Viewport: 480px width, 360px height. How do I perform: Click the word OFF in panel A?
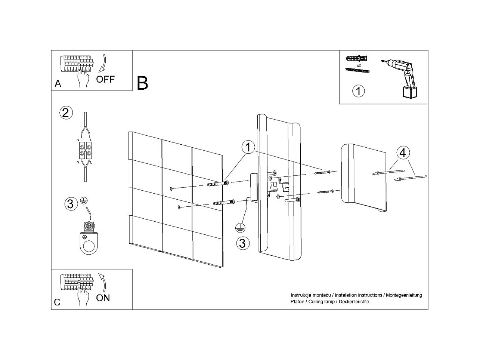(x=105, y=79)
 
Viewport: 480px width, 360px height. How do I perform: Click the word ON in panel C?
(x=103, y=298)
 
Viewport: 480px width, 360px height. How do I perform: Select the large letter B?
(x=142, y=83)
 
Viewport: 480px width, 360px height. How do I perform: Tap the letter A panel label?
(x=58, y=84)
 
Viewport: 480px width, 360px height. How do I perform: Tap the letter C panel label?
(x=57, y=302)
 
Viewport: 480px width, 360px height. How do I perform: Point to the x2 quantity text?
(x=359, y=65)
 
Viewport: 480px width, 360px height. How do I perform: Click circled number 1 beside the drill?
(x=359, y=91)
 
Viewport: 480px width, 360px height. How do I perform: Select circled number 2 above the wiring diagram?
(x=65, y=113)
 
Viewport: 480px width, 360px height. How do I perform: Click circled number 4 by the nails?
(x=402, y=153)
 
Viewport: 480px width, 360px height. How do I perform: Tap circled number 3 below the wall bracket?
(x=242, y=243)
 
